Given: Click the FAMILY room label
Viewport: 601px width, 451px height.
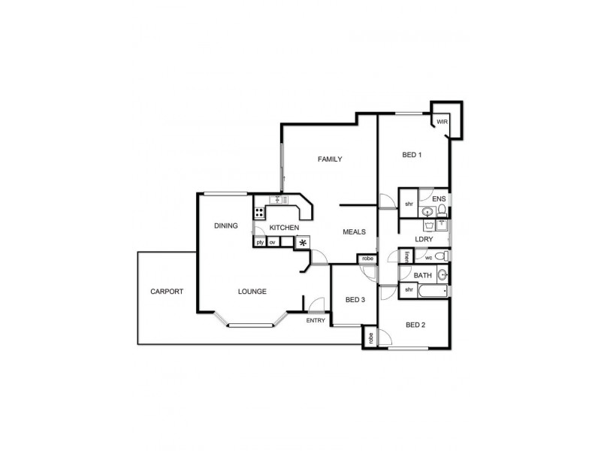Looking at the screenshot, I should coord(330,159).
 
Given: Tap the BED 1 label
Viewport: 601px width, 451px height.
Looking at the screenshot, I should coord(412,156).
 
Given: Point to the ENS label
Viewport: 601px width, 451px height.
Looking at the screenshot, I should coord(439,199).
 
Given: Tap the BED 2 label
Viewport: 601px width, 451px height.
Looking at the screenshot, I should coord(415,325).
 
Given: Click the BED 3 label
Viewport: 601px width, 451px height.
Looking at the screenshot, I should coord(355,300).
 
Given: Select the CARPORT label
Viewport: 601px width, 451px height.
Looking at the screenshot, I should coord(167,291).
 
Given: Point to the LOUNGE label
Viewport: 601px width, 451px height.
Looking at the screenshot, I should coord(252,292).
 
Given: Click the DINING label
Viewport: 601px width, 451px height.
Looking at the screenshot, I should coord(225,225).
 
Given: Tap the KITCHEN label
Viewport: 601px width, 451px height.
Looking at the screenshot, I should coord(285,227).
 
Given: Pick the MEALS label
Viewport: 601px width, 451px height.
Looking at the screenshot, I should coord(354,232).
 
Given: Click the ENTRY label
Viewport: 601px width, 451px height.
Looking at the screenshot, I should coord(316,321).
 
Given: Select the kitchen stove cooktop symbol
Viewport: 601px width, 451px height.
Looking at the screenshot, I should coord(259,213).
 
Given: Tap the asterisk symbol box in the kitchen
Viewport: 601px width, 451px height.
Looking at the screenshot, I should coord(302,242).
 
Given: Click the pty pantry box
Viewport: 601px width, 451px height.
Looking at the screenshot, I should coord(260,242).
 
